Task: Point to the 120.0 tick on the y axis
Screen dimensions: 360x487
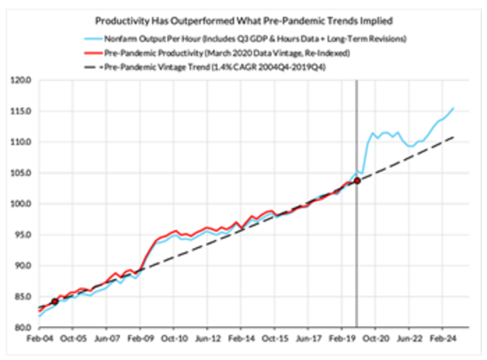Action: [x=23, y=80]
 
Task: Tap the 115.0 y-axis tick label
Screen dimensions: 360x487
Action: [x=23, y=111]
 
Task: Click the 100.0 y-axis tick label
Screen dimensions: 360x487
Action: [x=23, y=204]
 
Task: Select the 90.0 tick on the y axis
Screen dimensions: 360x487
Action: [x=23, y=266]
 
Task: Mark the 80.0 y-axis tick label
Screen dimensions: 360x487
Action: [x=23, y=327]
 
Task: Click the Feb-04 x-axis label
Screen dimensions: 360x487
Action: [x=39, y=340]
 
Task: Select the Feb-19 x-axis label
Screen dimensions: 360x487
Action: [x=345, y=340]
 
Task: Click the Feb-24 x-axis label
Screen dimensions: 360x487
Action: [x=447, y=340]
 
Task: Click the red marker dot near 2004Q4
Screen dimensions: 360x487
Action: [x=55, y=301]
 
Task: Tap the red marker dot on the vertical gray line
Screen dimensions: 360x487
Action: [x=356, y=181]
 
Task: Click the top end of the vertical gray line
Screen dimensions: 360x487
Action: [x=356, y=82]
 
